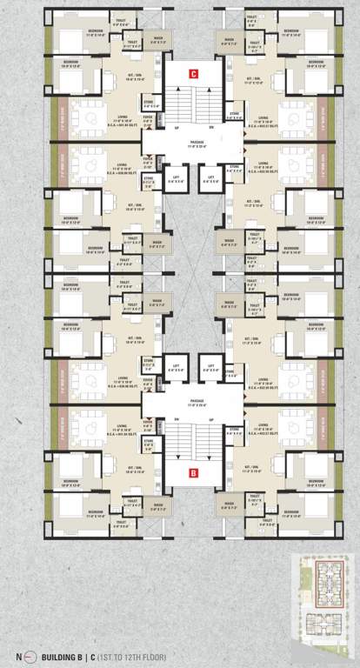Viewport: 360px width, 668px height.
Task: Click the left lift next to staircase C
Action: (x=175, y=182)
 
